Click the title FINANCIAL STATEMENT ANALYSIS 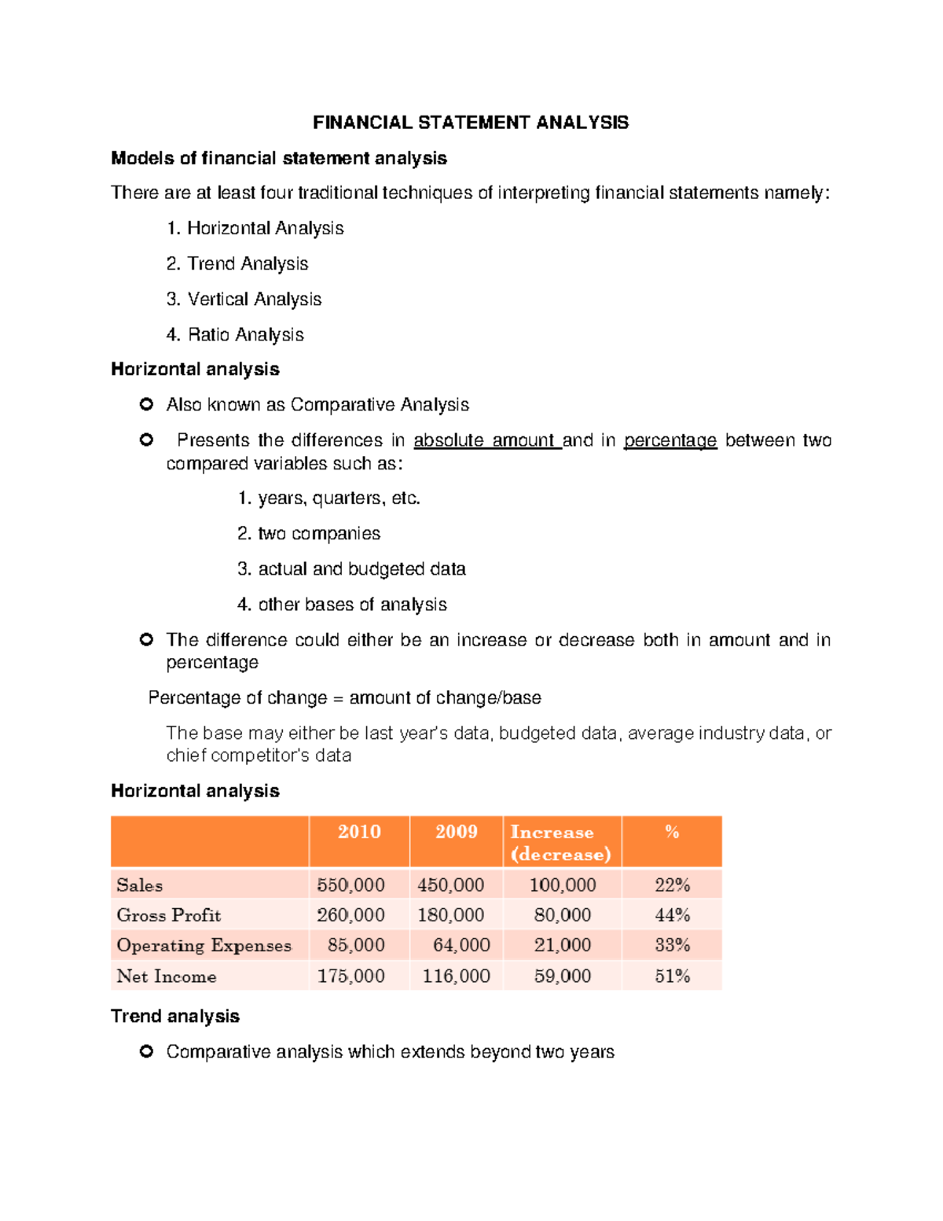pyautogui.click(x=470, y=123)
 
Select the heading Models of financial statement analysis pyautogui.click(x=278, y=158)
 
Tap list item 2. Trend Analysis pyautogui.click(x=237, y=263)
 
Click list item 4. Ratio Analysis pyautogui.click(x=235, y=334)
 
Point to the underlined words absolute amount pyautogui.click(x=486, y=440)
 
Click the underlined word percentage pyautogui.click(x=670, y=440)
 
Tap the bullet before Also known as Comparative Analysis pyautogui.click(x=146, y=404)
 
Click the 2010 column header pyautogui.click(x=359, y=832)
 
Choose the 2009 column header pyautogui.click(x=456, y=832)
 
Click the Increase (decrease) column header pyautogui.click(x=560, y=843)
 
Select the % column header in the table pyautogui.click(x=672, y=832)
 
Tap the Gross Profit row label pyautogui.click(x=169, y=915)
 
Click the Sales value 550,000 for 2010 pyautogui.click(x=350, y=884)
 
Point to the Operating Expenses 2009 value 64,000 pyautogui.click(x=461, y=945)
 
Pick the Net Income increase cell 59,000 pyautogui.click(x=563, y=976)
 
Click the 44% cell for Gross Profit pyautogui.click(x=672, y=915)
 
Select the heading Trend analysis pyautogui.click(x=175, y=1016)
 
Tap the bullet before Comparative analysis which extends pyautogui.click(x=146, y=1051)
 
